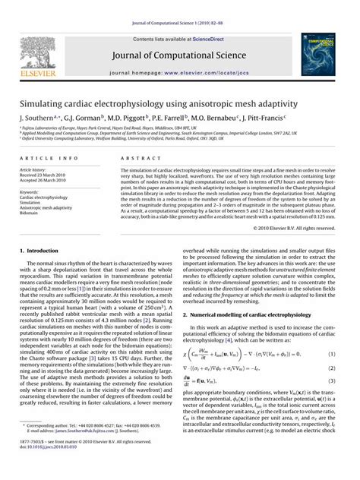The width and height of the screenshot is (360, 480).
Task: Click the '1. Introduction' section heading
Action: pyautogui.click(x=39, y=249)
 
